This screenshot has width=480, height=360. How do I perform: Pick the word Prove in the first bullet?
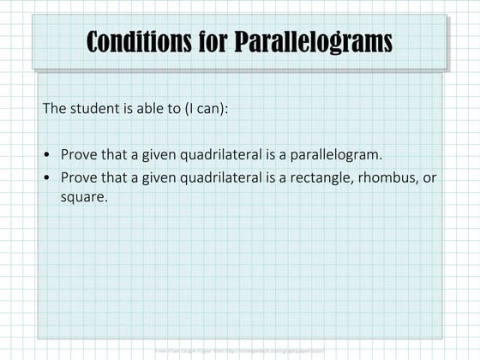pyautogui.click(x=78, y=155)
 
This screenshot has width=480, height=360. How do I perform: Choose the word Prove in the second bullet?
pyautogui.click(x=78, y=177)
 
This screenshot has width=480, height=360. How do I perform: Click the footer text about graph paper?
pyautogui.click(x=239, y=351)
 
